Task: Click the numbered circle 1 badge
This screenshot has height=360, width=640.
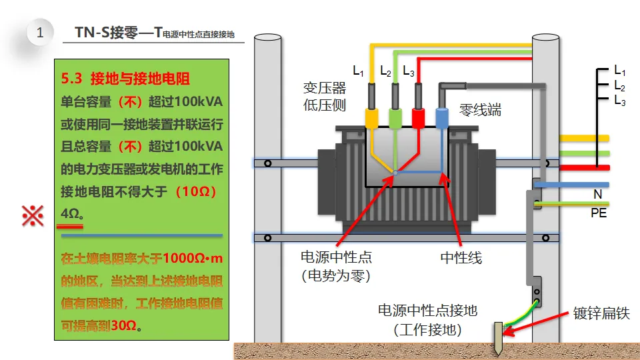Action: click(x=41, y=32)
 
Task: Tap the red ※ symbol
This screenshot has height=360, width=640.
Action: click(x=33, y=215)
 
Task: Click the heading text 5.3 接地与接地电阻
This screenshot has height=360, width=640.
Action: click(x=126, y=79)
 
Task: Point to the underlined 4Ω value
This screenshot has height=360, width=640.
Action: click(x=71, y=214)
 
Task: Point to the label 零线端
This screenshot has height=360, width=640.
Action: click(x=481, y=110)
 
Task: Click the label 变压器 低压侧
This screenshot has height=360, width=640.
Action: click(x=325, y=97)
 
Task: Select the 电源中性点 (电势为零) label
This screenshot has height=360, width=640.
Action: click(x=336, y=266)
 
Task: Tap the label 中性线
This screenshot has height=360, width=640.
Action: click(x=461, y=257)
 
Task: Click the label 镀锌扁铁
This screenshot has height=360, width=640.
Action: click(x=601, y=313)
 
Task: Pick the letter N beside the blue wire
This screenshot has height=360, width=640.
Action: click(x=598, y=195)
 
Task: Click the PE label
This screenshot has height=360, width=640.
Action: click(x=599, y=213)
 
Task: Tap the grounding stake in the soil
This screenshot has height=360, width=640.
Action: click(x=497, y=338)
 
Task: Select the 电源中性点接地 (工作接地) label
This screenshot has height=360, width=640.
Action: click(x=428, y=320)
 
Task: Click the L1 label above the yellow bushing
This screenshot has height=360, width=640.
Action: click(x=358, y=71)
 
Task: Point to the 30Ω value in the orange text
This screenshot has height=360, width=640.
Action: click(x=124, y=326)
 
